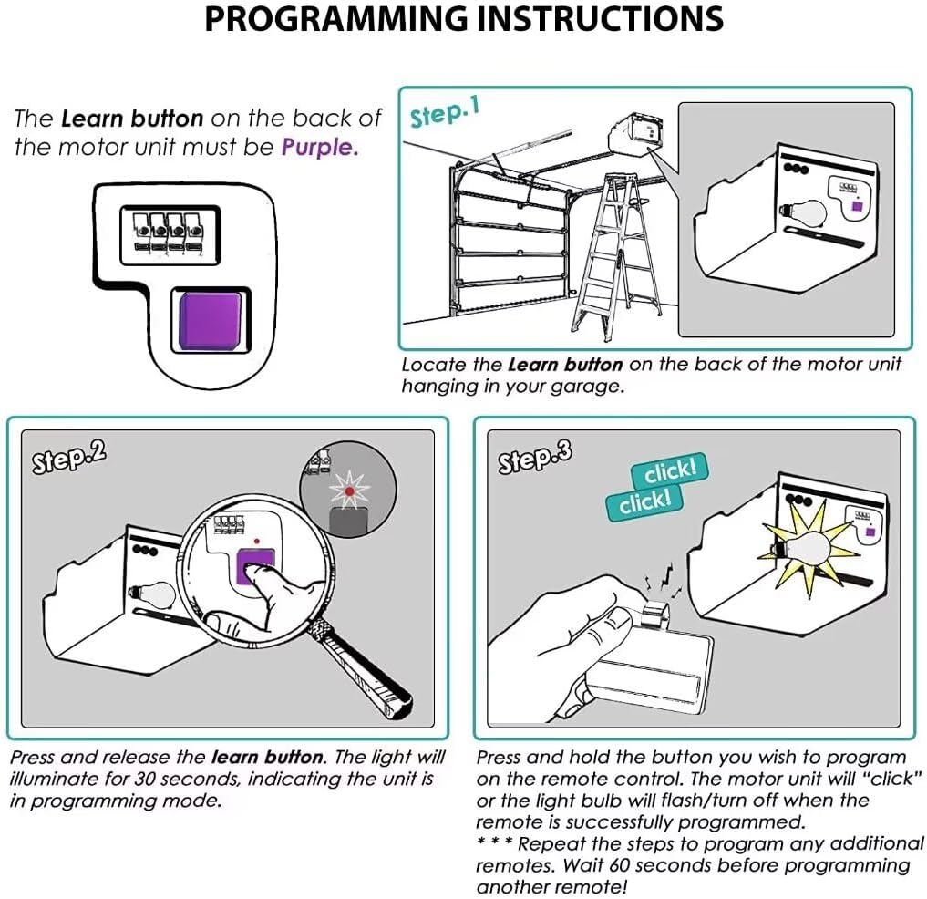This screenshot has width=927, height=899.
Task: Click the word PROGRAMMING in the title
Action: [x=333, y=18]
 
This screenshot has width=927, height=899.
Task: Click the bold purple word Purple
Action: [x=320, y=146]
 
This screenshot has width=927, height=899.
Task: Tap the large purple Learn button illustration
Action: [x=211, y=317]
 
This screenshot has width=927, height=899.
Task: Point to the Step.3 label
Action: [x=535, y=458]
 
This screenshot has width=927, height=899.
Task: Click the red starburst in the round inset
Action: [x=348, y=492]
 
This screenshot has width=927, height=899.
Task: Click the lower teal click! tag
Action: [x=644, y=501]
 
